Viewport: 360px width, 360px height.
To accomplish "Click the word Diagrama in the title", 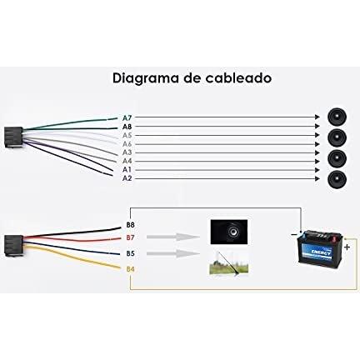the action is (145, 79).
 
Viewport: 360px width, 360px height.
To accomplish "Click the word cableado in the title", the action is (238, 77).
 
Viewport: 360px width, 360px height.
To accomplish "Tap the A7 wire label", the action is (127, 118).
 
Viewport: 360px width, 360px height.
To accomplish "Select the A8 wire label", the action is (127, 127).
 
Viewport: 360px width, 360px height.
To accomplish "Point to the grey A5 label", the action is (127, 136).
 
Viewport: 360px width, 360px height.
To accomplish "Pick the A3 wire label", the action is (127, 152).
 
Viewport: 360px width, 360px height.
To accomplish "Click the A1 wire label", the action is (127, 170).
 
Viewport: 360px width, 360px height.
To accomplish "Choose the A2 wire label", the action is (127, 178).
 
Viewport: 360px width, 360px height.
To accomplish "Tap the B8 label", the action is (130, 225).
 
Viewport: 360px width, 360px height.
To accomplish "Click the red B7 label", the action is (130, 237).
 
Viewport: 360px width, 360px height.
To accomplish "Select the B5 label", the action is (130, 253).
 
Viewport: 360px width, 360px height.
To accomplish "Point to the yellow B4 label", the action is (130, 269).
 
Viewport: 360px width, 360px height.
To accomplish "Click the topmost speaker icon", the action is (337, 117).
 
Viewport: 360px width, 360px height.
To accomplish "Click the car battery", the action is (320, 248).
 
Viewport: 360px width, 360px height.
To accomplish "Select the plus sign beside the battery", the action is (347, 247).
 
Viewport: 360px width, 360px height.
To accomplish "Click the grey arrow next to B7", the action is (172, 237).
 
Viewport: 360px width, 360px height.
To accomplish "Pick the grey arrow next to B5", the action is (172, 253).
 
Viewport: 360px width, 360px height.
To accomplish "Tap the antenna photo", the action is (228, 263).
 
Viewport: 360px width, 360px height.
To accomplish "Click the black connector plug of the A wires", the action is (13, 137).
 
